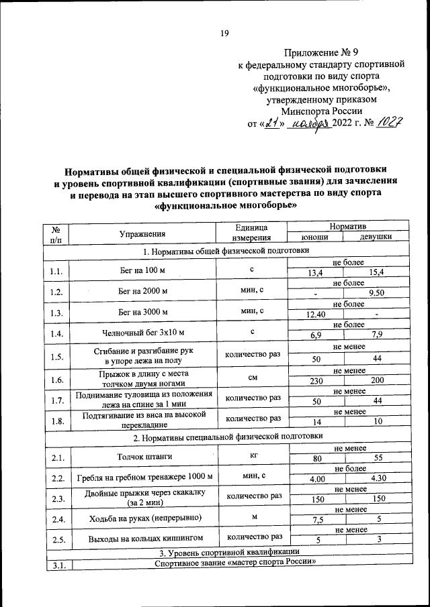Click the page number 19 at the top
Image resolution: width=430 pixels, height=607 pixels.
click(225, 34)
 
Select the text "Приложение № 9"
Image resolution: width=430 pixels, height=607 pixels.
click(322, 52)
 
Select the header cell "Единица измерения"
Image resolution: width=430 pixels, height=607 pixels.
click(250, 233)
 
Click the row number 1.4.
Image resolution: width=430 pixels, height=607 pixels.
click(56, 333)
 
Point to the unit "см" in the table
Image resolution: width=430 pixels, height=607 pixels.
click(253, 378)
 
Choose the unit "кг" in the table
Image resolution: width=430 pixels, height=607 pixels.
click(253, 455)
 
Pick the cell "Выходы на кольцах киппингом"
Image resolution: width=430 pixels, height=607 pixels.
click(142, 539)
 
